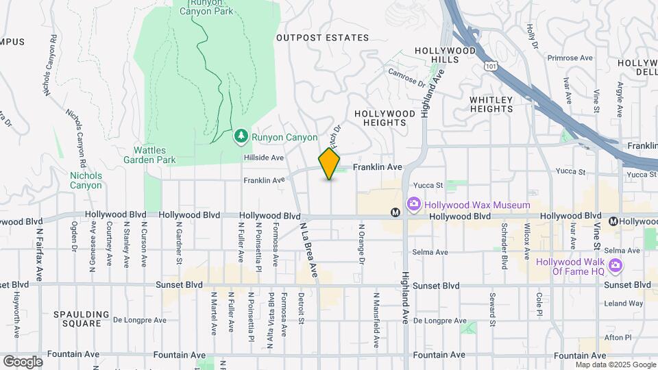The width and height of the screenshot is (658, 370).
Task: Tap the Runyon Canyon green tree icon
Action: [x=241, y=137]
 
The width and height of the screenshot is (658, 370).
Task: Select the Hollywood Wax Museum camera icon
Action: [x=413, y=204]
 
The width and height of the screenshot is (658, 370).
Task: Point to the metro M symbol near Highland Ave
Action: [x=395, y=212]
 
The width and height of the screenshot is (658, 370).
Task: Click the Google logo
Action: [x=23, y=361]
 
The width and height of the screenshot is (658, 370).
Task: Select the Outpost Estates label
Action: [x=322, y=38]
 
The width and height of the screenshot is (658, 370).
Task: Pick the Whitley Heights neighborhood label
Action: [x=491, y=104]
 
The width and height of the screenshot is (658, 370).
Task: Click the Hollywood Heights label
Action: [x=385, y=118]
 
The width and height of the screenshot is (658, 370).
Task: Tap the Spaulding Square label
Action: [x=82, y=319]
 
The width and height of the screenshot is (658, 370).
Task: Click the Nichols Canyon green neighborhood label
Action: [x=86, y=180]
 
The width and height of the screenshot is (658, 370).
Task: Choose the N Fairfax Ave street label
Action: [x=38, y=254]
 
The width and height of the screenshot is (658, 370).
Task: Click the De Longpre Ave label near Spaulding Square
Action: [x=140, y=320]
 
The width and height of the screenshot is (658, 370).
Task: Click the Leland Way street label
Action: [x=623, y=304]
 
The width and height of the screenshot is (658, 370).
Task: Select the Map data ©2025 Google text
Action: [x=615, y=364]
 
